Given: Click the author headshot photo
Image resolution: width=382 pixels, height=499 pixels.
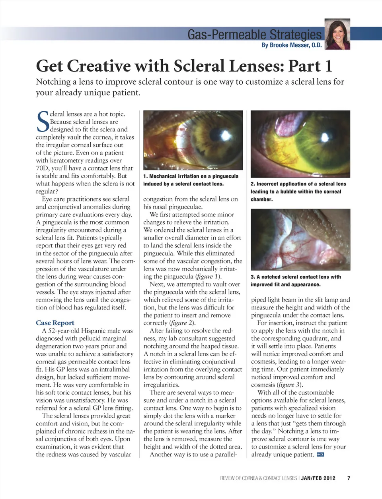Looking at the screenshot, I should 337,34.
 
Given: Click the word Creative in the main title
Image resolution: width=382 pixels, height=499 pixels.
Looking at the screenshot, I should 99,66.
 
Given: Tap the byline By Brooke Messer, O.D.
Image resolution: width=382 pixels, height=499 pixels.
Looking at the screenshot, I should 291,45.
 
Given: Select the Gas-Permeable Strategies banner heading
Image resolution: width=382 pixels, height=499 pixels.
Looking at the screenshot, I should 254,35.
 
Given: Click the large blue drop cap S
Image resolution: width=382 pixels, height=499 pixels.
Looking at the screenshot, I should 43,121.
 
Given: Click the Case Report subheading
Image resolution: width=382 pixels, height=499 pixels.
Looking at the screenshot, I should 55,323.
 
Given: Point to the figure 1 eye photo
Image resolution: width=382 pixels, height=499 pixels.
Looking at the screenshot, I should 193,140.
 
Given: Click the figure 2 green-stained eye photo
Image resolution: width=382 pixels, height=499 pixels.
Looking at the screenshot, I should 300,144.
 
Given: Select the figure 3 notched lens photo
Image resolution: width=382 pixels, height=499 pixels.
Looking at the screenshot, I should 300,240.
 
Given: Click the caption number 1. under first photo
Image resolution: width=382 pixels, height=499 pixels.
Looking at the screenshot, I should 146,176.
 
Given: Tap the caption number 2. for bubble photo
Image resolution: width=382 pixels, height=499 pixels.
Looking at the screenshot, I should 253,184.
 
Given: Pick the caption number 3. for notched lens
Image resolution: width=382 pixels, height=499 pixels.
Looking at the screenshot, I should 253,277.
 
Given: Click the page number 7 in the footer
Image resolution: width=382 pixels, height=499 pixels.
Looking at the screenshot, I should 349,478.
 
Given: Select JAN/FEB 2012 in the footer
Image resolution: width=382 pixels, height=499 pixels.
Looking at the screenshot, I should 318,478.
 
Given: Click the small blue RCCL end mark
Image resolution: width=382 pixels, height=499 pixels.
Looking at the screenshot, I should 320,455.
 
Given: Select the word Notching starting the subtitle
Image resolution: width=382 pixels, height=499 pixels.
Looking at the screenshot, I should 53,82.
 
